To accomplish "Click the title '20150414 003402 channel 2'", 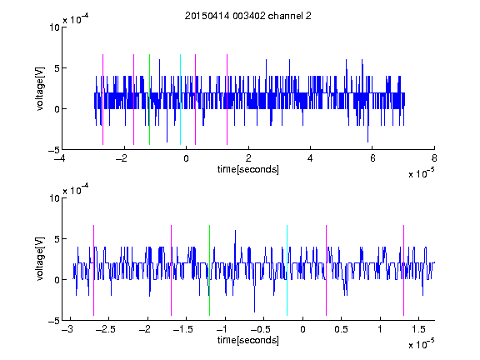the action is (248, 16).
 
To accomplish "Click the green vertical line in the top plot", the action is (149, 99).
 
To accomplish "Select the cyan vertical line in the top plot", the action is (180, 99).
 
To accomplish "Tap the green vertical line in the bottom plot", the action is (209, 270).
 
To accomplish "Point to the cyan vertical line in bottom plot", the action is (287, 270).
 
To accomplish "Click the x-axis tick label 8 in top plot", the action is (434, 158).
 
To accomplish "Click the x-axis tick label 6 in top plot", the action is (372, 158).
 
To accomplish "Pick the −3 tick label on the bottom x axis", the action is (67, 329).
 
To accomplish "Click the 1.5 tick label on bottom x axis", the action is (418, 329).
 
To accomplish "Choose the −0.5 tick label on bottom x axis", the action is (260, 329).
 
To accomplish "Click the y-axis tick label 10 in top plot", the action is (54, 27).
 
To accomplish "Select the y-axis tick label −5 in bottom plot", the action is (54, 321).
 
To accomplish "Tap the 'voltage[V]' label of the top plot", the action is (40, 89).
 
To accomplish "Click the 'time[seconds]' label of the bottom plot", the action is (248, 340).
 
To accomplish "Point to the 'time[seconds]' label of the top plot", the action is (248, 169).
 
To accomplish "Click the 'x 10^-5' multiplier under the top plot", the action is (422, 173).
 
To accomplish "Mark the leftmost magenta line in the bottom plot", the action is (93, 270).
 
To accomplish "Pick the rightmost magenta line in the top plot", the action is (227, 99).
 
